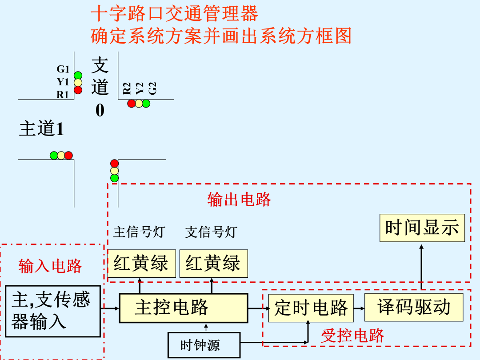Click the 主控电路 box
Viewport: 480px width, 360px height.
tap(184, 308)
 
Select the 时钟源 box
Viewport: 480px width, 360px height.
tap(204, 345)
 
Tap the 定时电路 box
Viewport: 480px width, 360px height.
tap(311, 308)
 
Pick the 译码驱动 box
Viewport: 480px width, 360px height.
tap(414, 308)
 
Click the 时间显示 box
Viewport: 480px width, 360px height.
tap(422, 228)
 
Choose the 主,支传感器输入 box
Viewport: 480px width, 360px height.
tap(53, 311)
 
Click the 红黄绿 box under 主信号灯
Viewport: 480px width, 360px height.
tap(141, 263)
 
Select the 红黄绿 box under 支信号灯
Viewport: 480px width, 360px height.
tap(214, 263)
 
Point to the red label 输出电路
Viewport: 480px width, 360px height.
tap(239, 200)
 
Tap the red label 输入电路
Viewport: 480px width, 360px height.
tap(50, 266)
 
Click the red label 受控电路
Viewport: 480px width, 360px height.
tap(352, 336)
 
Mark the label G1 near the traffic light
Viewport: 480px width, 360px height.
tap(63, 69)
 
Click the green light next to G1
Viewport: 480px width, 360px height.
tap(78, 75)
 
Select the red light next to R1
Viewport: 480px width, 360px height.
tap(78, 90)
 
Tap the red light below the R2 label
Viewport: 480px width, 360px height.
tap(131, 104)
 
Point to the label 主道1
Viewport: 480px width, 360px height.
tap(42, 128)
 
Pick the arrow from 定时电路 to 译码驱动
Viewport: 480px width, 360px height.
tap(359, 308)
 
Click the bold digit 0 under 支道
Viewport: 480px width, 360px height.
tap(100, 110)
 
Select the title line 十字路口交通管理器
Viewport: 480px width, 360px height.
tap(175, 13)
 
